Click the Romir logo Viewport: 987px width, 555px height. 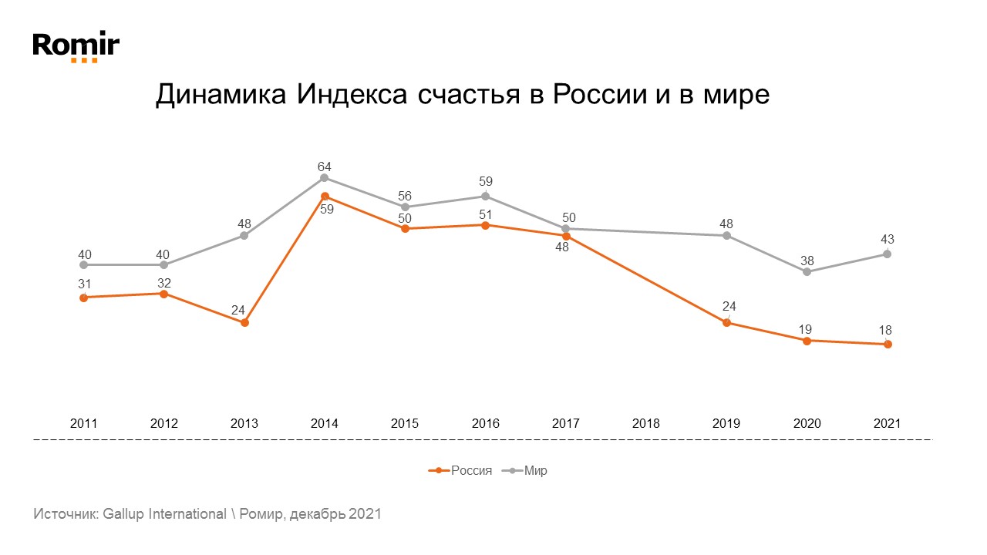[76, 45]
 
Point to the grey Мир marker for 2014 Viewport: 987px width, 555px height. [324, 178]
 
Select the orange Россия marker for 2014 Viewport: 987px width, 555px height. [325, 196]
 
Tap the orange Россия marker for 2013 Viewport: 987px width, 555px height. [244, 323]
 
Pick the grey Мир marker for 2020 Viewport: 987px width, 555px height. [807, 272]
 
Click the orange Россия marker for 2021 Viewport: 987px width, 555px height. [888, 345]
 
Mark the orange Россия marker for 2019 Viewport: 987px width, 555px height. [726, 323]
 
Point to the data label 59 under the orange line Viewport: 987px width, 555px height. [326, 209]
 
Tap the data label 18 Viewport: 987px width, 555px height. [887, 330]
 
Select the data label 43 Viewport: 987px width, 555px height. [887, 240]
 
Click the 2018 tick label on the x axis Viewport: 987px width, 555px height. [646, 424]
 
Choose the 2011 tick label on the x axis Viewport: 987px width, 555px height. [83, 424]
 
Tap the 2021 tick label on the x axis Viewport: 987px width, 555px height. [887, 424]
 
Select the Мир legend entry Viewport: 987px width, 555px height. [535, 470]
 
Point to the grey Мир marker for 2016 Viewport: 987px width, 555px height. [485, 196]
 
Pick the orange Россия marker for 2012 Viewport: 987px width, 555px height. [163, 294]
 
